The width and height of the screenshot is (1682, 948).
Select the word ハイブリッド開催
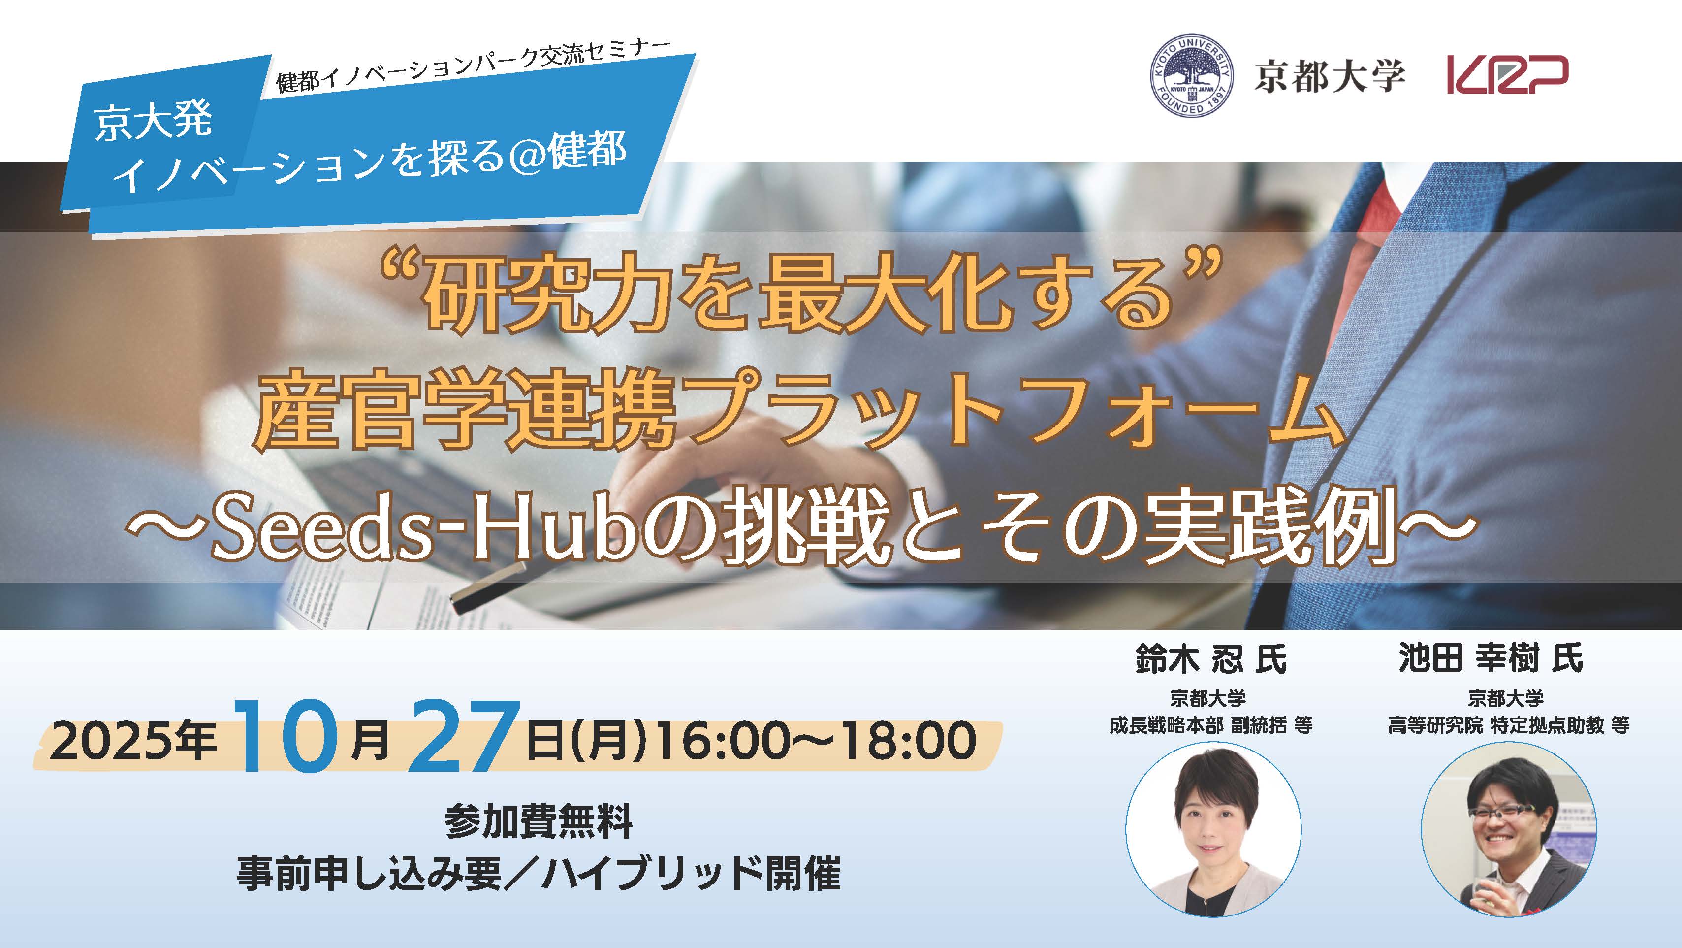pyautogui.click(x=691, y=873)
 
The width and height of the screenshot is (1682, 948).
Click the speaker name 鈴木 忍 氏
pyautogui.click(x=1211, y=658)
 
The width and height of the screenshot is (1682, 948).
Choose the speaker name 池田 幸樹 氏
pyautogui.click(x=1491, y=658)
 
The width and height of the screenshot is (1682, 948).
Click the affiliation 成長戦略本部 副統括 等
pyautogui.click(x=1211, y=725)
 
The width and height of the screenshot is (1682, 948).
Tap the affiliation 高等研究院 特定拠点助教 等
pyautogui.click(x=1509, y=725)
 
